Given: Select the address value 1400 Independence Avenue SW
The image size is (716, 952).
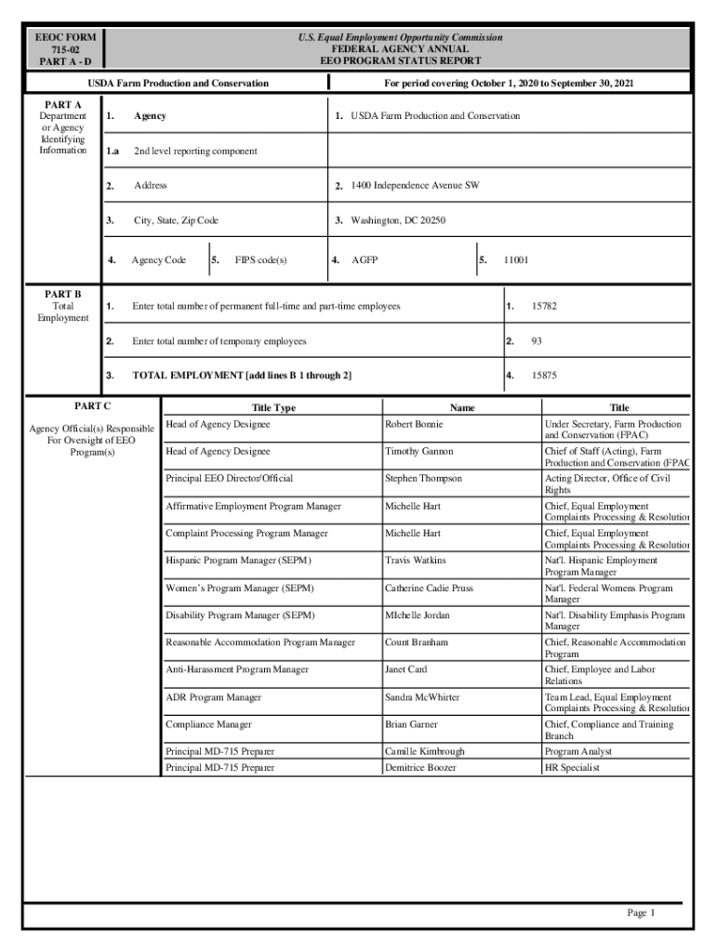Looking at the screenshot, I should [415, 186].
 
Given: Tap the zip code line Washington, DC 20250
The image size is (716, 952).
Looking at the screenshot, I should [398, 221].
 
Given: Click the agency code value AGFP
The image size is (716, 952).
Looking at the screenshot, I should [365, 260].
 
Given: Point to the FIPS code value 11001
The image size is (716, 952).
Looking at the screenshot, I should [516, 260].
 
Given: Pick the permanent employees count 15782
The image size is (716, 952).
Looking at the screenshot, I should [544, 306].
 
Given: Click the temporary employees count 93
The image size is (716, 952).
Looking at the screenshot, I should [537, 341].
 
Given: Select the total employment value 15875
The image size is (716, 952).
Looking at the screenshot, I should [544, 376].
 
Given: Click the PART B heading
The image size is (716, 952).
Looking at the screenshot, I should [63, 294].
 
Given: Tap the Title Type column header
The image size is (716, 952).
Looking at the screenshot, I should [273, 407].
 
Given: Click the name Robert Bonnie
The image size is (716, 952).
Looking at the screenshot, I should [414, 424].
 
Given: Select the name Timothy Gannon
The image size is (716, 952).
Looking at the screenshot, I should [419, 452].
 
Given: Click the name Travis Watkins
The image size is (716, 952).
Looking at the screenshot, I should [416, 561].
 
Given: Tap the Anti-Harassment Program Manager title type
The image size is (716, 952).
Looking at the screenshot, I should [237, 669].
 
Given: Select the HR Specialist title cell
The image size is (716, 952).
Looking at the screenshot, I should [572, 768].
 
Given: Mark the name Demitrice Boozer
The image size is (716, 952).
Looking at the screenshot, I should [420, 768].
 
